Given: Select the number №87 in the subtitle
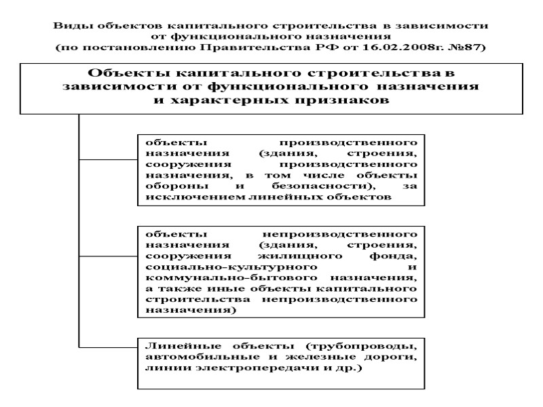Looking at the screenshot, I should coord(444,48).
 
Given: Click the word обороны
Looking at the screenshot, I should coord(162,185).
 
